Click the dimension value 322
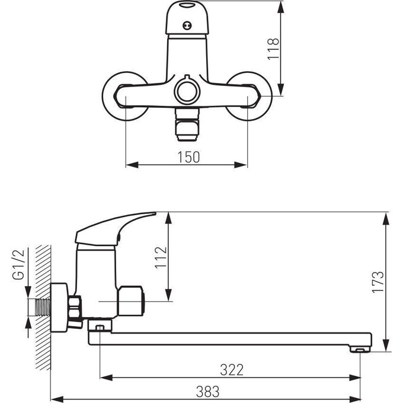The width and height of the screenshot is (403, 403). point(231,370)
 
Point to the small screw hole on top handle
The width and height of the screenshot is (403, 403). point(187,25)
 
